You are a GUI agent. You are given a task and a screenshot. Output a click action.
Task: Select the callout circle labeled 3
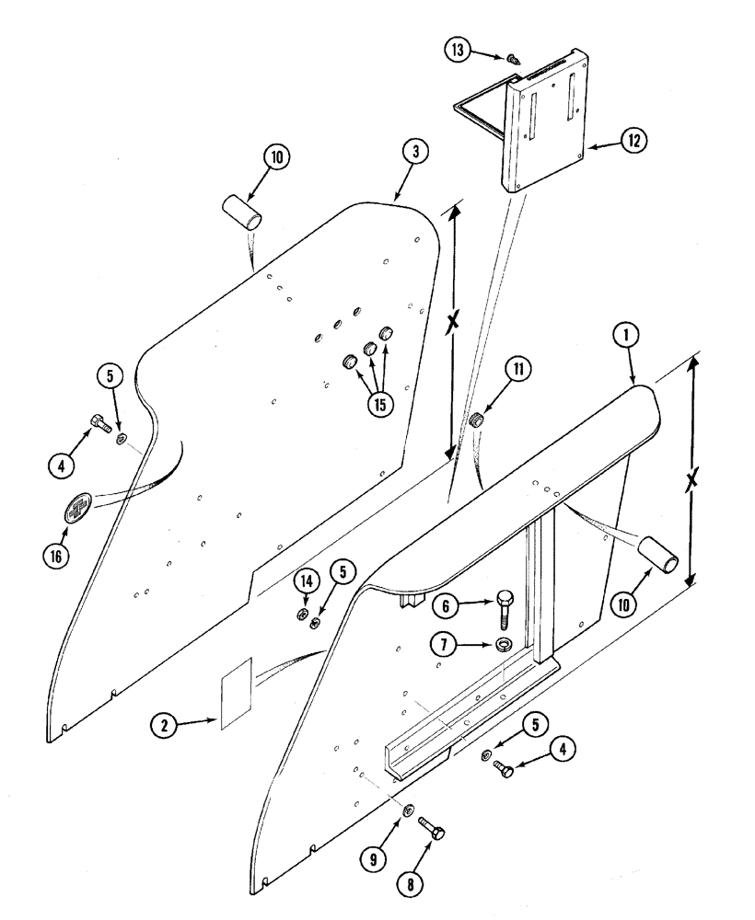415,154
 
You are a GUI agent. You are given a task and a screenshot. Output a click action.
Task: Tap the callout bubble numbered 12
633,140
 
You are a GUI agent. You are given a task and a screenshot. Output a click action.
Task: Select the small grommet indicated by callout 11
477,421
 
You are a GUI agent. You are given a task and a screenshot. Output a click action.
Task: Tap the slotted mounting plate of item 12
552,128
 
